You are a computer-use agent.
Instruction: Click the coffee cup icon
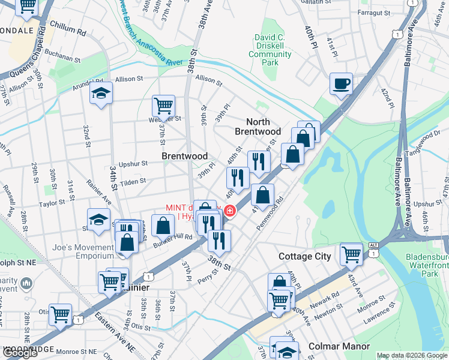[341, 84]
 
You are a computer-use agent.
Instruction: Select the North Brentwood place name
[258, 127]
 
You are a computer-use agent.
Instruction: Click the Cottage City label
[305, 256]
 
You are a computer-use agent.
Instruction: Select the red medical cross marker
[230, 211]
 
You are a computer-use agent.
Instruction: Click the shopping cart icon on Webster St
[163, 106]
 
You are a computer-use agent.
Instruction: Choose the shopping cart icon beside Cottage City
[351, 253]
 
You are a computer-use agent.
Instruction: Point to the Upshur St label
[133, 163]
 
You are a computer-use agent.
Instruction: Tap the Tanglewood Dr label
[427, 143]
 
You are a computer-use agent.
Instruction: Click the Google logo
[20, 353]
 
